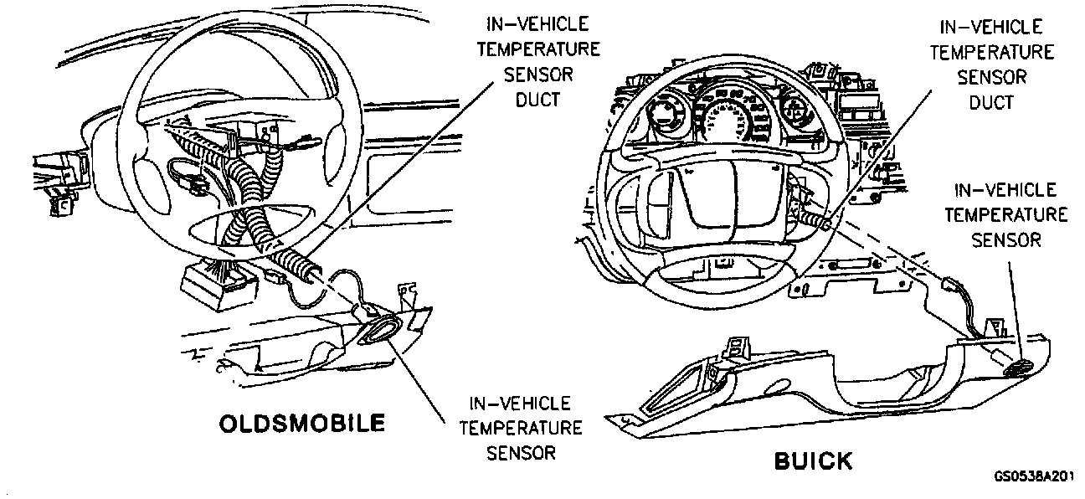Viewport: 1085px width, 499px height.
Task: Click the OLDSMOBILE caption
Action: [302, 423]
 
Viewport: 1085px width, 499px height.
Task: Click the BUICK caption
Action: [812, 460]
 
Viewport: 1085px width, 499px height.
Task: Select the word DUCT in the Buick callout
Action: [991, 102]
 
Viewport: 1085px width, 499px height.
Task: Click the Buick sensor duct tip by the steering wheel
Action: [825, 224]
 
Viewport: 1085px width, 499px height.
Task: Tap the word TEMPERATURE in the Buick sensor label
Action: [1005, 215]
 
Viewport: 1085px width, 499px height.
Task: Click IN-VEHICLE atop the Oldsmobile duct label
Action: [538, 24]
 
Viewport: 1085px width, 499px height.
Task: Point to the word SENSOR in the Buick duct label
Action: [991, 77]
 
